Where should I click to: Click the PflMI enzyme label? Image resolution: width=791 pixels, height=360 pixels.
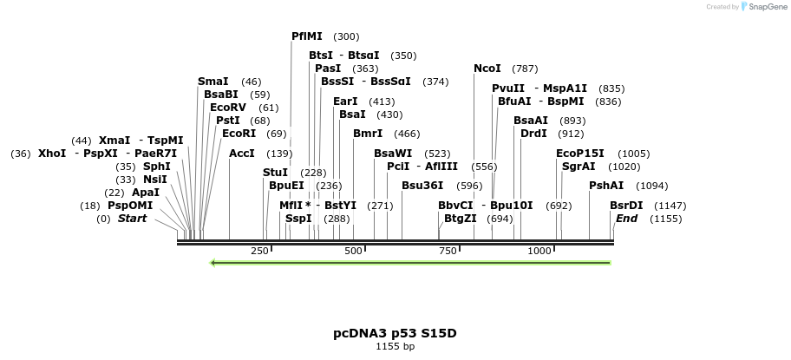pyautogui.click(x=307, y=36)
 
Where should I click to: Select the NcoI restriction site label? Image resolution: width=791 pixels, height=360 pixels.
pyautogui.click(x=487, y=69)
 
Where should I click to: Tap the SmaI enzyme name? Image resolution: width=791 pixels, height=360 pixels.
pyautogui.click(x=213, y=82)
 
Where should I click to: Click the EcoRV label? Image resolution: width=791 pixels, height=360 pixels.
pyautogui.click(x=228, y=108)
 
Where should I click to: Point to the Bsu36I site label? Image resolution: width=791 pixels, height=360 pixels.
pyautogui.click(x=422, y=185)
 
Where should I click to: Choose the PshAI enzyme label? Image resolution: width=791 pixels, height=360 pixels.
pyautogui.click(x=606, y=186)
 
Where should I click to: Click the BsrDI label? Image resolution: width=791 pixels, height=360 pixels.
pyautogui.click(x=626, y=206)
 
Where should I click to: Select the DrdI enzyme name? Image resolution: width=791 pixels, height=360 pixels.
pyautogui.click(x=533, y=134)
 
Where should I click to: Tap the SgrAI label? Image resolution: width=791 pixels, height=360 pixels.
pyautogui.click(x=579, y=166)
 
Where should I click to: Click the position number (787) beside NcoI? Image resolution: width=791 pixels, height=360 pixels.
pyautogui.click(x=525, y=69)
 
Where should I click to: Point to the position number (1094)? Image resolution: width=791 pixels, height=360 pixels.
pyautogui.click(x=652, y=186)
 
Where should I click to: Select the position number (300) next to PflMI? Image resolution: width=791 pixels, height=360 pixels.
pyautogui.click(x=346, y=36)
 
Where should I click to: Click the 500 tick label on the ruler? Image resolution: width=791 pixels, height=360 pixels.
pyautogui.click(x=354, y=251)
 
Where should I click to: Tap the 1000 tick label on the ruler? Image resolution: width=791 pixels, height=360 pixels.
pyautogui.click(x=539, y=251)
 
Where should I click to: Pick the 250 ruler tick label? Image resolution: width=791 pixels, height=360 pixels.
pyautogui.click(x=259, y=251)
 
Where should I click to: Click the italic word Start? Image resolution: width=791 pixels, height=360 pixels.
pyautogui.click(x=133, y=219)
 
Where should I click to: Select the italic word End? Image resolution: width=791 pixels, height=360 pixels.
pyautogui.click(x=626, y=219)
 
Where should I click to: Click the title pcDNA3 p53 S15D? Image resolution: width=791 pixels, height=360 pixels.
pyautogui.click(x=395, y=333)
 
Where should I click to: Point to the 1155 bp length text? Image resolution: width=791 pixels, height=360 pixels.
pyautogui.click(x=395, y=347)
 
